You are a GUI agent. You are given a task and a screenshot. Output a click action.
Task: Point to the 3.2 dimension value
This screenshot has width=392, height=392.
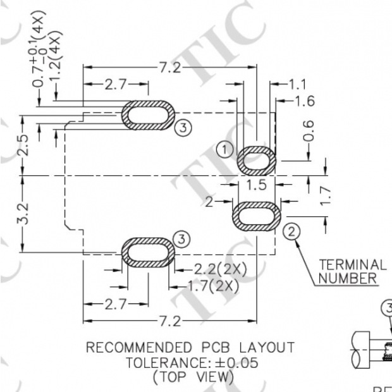(23, 215)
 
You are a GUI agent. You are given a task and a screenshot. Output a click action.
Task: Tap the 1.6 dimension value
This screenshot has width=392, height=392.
(302, 101)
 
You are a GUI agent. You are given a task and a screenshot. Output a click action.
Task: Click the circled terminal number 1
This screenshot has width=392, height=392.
(224, 149)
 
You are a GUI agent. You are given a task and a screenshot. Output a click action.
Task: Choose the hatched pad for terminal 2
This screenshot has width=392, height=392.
(257, 216)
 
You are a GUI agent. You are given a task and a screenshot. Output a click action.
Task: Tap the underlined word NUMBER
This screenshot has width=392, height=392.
(348, 278)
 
